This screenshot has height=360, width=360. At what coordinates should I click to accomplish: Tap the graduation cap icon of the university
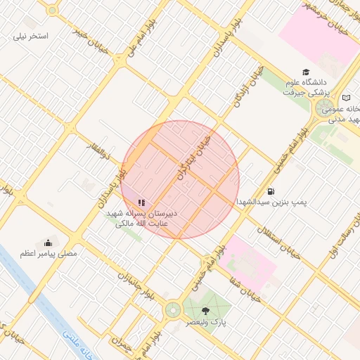tap(305, 72)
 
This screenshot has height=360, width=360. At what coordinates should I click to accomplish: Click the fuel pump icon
tap(271, 191)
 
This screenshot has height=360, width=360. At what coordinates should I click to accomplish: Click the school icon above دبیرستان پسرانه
tap(141, 202)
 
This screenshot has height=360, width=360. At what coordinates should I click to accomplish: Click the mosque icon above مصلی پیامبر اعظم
tap(49, 241)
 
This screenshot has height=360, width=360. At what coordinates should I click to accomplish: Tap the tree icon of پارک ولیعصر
tap(205, 310)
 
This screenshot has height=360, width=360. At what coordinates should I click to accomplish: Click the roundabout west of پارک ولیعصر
tap(172, 309)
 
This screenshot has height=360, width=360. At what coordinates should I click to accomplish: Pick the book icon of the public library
tap(346, 98)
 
